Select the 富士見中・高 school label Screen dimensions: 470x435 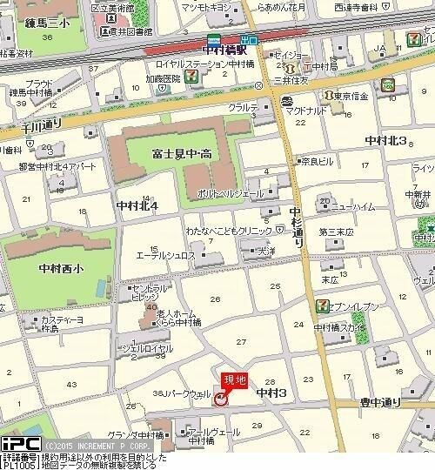coord(184,154)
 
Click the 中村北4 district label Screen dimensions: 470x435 coord(137,205)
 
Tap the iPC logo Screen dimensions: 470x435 coord(20,444)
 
